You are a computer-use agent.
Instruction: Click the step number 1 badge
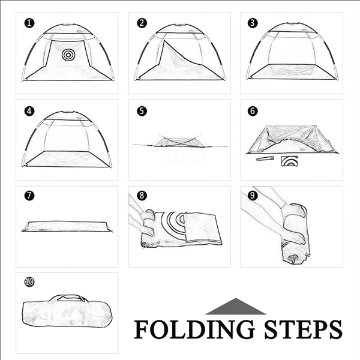(29, 23)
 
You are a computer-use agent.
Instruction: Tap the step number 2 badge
(142, 23)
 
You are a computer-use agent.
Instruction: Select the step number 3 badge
(253, 23)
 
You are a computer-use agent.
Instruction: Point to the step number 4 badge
(29, 111)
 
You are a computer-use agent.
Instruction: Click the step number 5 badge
(142, 111)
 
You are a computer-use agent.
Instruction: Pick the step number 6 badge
(253, 111)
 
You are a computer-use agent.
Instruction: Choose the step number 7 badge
(29, 196)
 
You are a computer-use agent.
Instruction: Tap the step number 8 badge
(142, 196)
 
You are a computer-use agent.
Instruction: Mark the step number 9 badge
(253, 196)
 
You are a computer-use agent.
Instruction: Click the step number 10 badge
(29, 282)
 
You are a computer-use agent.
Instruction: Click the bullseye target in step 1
(68, 55)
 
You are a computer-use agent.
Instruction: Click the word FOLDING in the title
(194, 329)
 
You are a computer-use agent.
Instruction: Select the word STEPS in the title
(303, 329)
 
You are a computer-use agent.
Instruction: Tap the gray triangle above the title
(236, 307)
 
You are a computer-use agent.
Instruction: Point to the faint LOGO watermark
(185, 158)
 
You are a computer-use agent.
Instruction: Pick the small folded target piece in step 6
(289, 161)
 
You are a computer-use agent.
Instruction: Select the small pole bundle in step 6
(265, 158)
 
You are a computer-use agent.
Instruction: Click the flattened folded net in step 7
(67, 226)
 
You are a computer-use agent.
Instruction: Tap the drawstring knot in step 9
(293, 258)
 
